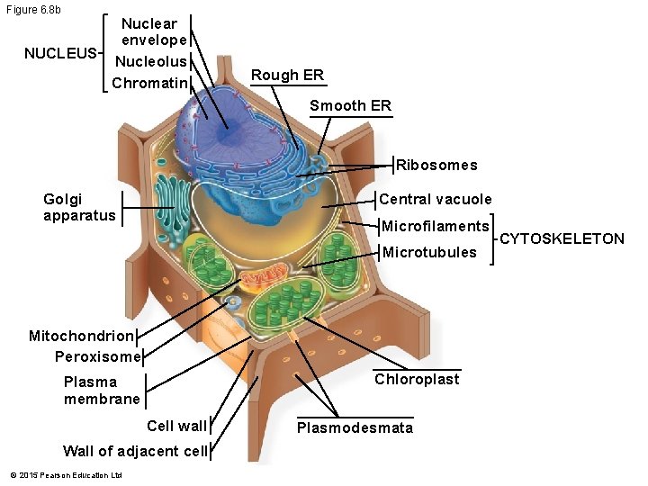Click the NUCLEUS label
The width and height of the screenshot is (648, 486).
tap(60, 53)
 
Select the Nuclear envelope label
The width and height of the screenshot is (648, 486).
tap(154, 31)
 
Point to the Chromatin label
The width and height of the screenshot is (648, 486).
tap(150, 84)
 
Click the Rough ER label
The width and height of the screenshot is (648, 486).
tap(287, 75)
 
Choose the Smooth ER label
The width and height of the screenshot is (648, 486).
tap(350, 105)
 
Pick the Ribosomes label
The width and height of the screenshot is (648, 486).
tap(436, 165)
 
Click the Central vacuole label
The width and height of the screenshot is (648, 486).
tap(436, 199)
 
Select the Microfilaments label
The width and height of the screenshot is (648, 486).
tap(436, 226)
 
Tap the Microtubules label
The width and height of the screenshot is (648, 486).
tap(429, 252)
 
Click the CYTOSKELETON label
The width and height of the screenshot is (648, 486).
tap(562, 238)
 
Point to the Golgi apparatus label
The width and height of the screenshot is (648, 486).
tap(79, 207)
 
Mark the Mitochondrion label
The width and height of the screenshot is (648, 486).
tap(81, 336)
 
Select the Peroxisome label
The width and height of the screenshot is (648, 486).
tap(98, 356)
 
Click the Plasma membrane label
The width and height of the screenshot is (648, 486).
tap(102, 390)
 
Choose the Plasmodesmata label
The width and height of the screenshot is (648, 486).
tap(355, 427)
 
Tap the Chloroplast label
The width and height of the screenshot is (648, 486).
tap(417, 379)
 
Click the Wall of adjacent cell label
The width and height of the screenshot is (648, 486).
tap(135, 451)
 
